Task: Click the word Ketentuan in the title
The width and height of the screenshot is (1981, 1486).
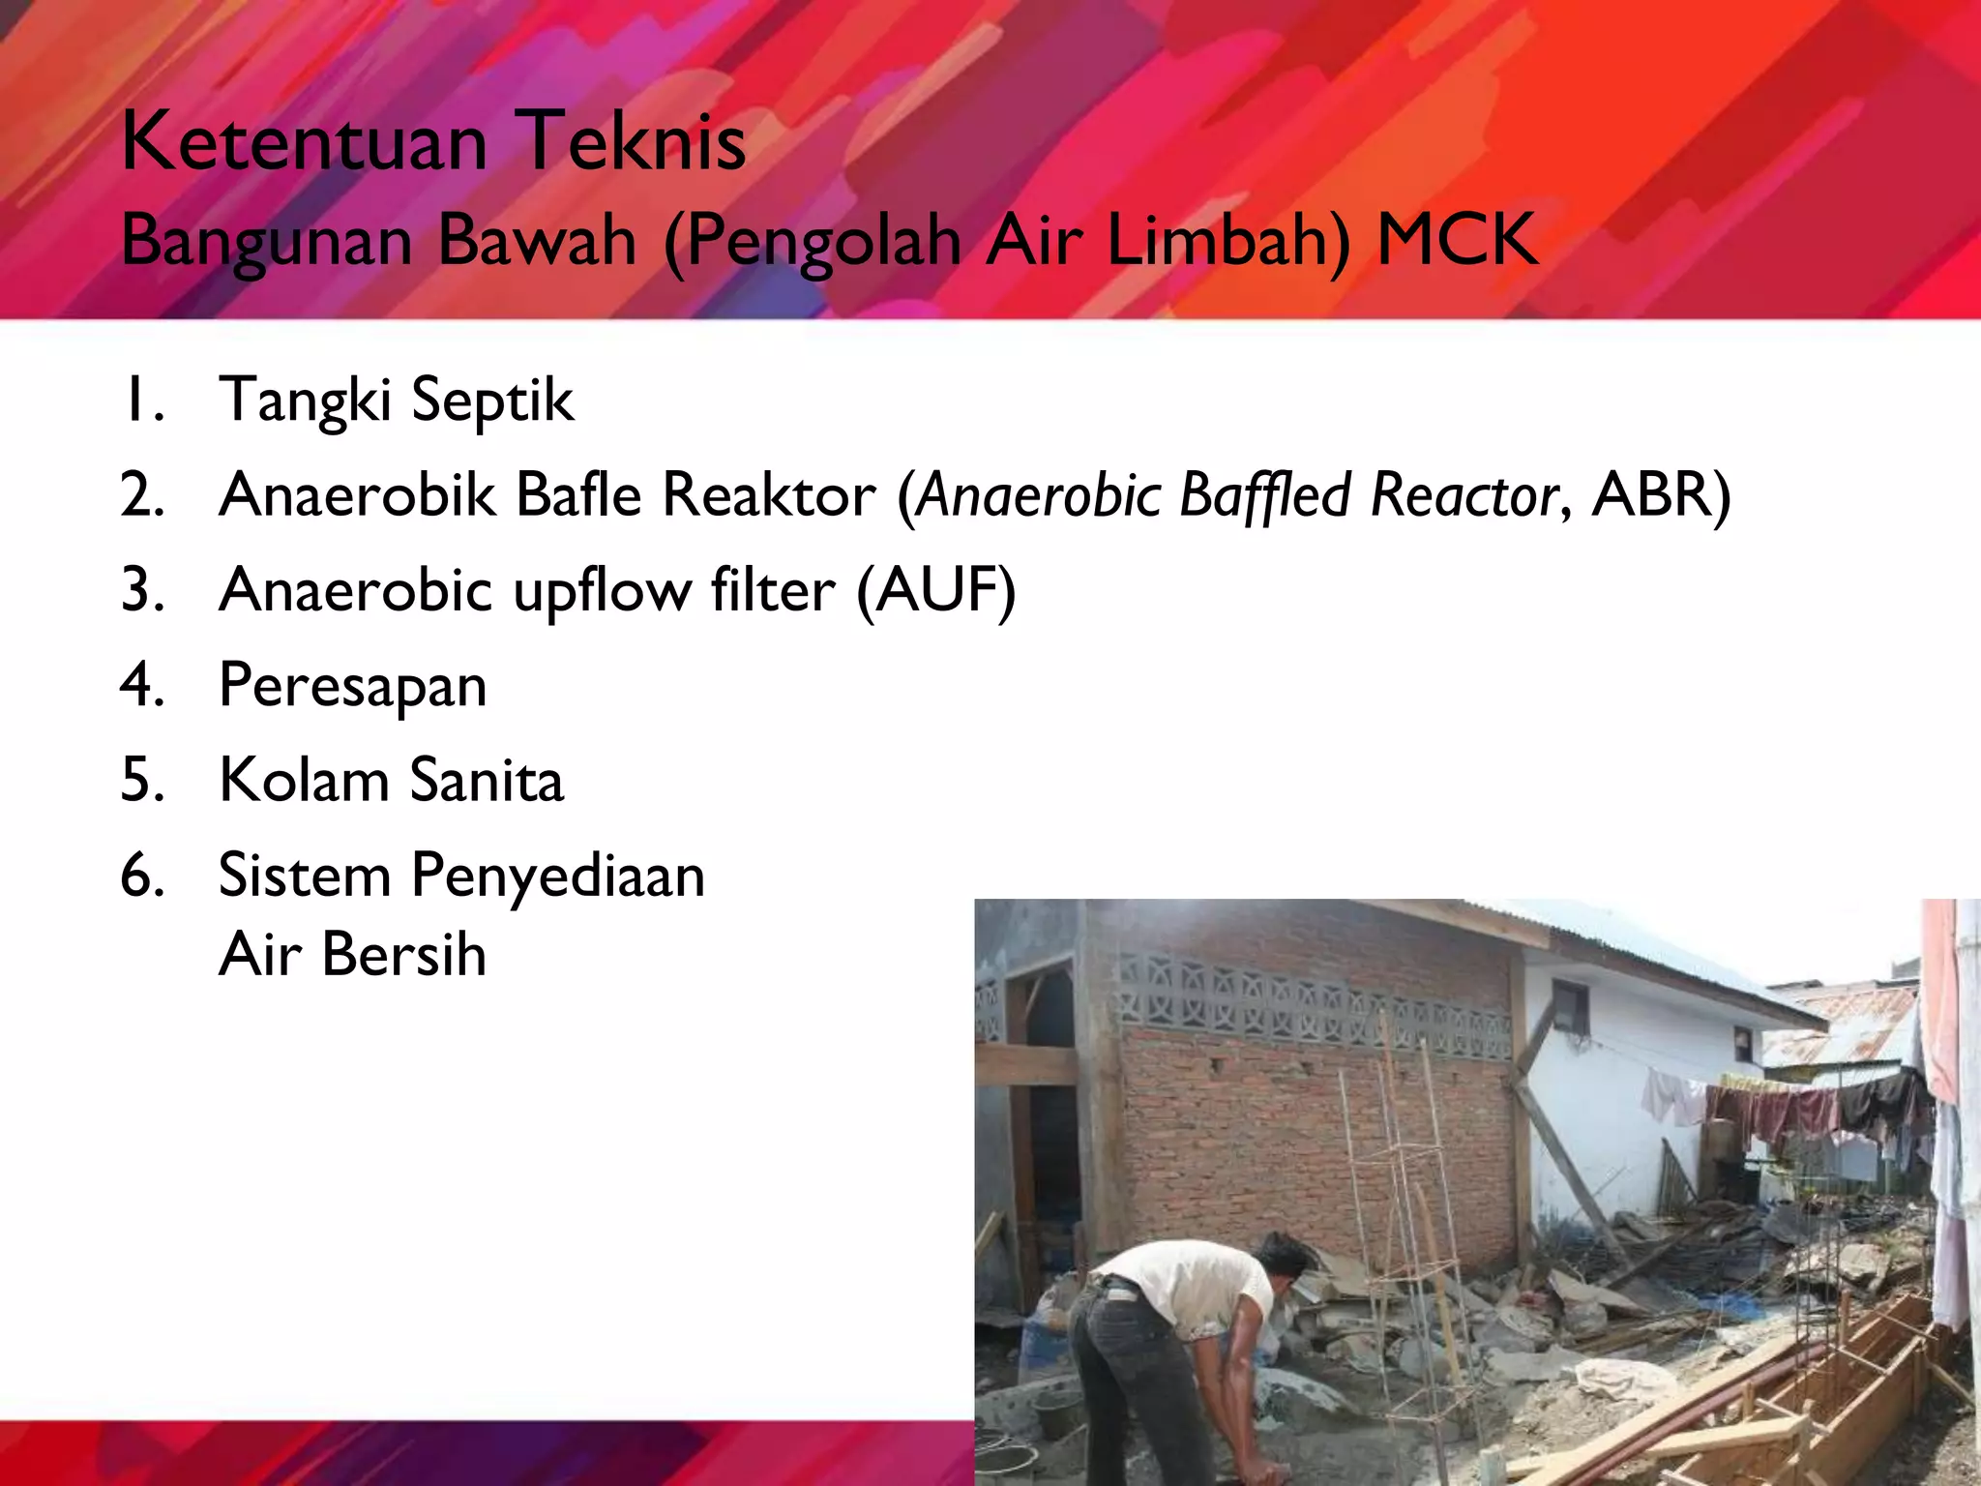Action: tap(304, 143)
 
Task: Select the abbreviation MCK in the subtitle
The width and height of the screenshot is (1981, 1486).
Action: tap(1456, 240)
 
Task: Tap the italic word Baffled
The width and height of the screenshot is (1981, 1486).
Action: tap(1264, 495)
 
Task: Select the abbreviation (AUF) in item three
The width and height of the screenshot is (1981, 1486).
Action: tap(935, 590)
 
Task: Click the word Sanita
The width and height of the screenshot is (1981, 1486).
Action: tap(487, 780)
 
